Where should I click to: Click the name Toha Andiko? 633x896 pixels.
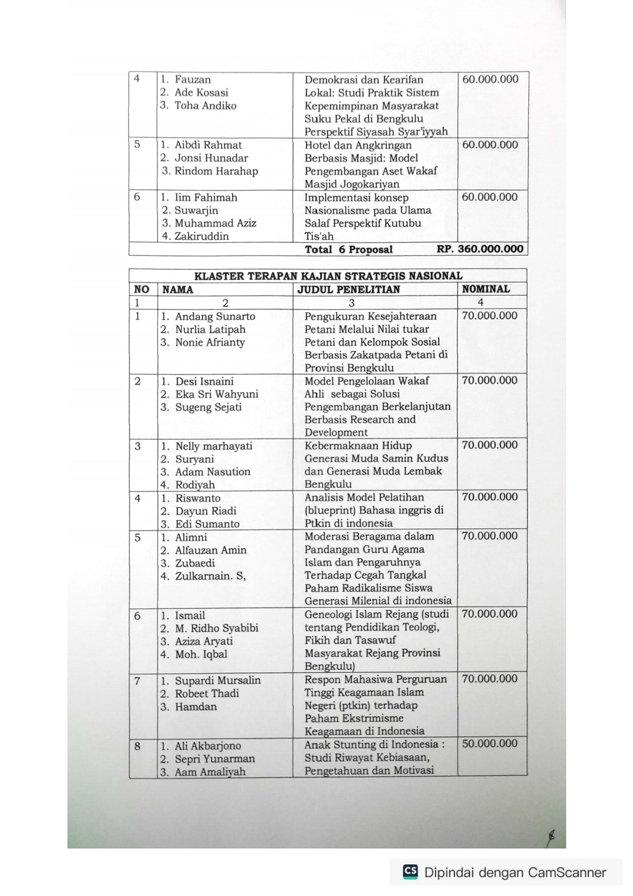pos(205,106)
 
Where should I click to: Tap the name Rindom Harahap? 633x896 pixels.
pos(216,171)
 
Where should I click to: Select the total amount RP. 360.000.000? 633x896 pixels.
pos(480,249)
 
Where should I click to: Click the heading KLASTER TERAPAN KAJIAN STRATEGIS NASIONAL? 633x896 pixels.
pos(328,276)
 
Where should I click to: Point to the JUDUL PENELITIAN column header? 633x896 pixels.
pos(349,289)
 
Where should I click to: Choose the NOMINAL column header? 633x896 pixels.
pos(486,289)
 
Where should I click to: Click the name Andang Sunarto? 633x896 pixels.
pos(215,317)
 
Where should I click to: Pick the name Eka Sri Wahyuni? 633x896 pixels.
pos(216,394)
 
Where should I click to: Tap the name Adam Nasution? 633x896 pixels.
pos(213,472)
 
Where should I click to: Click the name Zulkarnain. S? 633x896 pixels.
pos(210,576)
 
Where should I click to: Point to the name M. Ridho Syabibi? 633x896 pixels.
pos(216,628)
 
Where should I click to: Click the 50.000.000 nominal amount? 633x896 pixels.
pos(490,744)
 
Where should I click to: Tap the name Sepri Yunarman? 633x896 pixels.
pos(215,759)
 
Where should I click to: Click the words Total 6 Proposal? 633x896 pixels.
pos(349,250)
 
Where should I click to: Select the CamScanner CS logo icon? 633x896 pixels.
pos(410,871)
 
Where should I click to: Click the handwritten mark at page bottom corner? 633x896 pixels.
pos(550,837)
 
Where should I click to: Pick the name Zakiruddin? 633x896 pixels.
pos(202,236)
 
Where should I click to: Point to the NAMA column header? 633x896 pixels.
pos(178,289)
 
